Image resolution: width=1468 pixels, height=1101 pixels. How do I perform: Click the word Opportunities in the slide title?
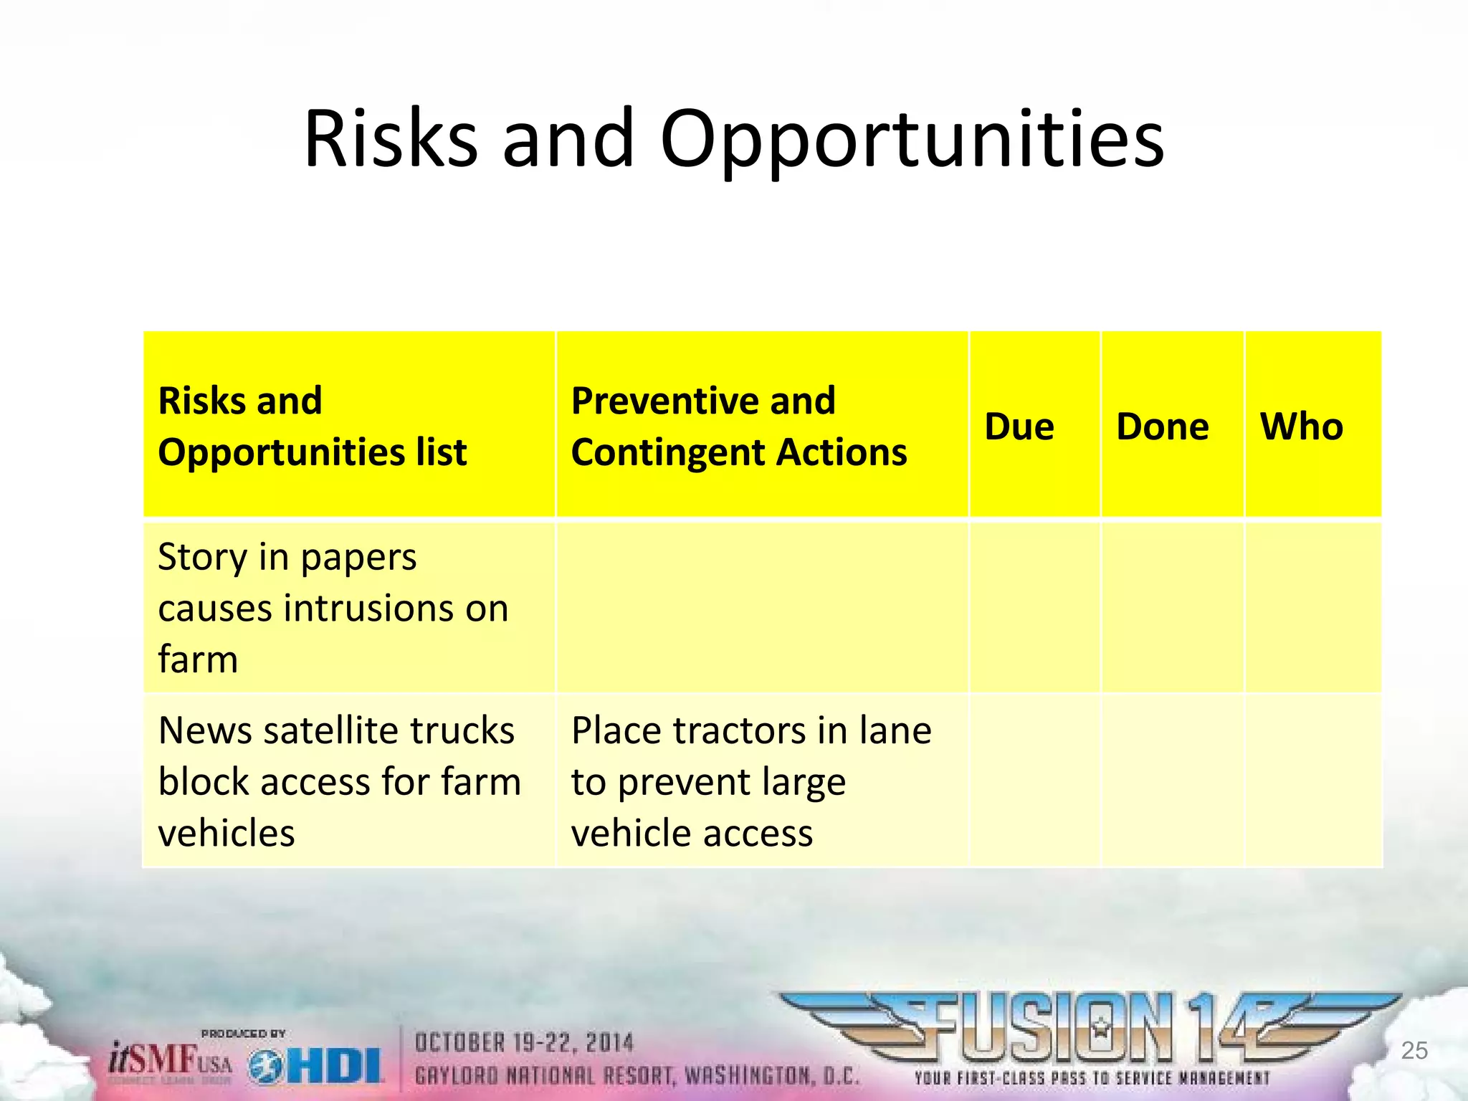912,140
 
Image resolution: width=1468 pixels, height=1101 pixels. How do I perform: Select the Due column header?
1019,426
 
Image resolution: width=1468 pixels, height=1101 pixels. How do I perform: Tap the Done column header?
1163,426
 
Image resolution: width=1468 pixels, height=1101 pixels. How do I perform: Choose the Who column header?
1302,426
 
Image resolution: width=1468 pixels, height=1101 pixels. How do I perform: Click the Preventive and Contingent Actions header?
738,426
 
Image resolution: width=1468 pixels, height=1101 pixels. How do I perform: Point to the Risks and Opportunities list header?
312,426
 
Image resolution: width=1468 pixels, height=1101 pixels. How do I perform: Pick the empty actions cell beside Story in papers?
762,608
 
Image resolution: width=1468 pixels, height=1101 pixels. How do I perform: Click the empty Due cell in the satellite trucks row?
1034,781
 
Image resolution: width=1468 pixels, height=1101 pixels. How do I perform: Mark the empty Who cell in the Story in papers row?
1313,608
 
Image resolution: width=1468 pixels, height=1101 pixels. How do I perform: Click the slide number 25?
1414,1051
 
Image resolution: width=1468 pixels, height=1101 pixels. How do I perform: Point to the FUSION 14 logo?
1090,1029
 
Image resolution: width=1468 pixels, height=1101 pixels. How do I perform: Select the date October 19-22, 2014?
524,1043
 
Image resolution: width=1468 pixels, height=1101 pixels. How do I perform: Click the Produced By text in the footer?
243,1034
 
